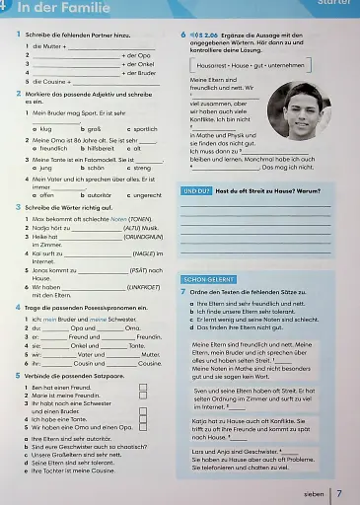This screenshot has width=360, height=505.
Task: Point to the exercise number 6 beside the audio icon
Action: coord(183,34)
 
